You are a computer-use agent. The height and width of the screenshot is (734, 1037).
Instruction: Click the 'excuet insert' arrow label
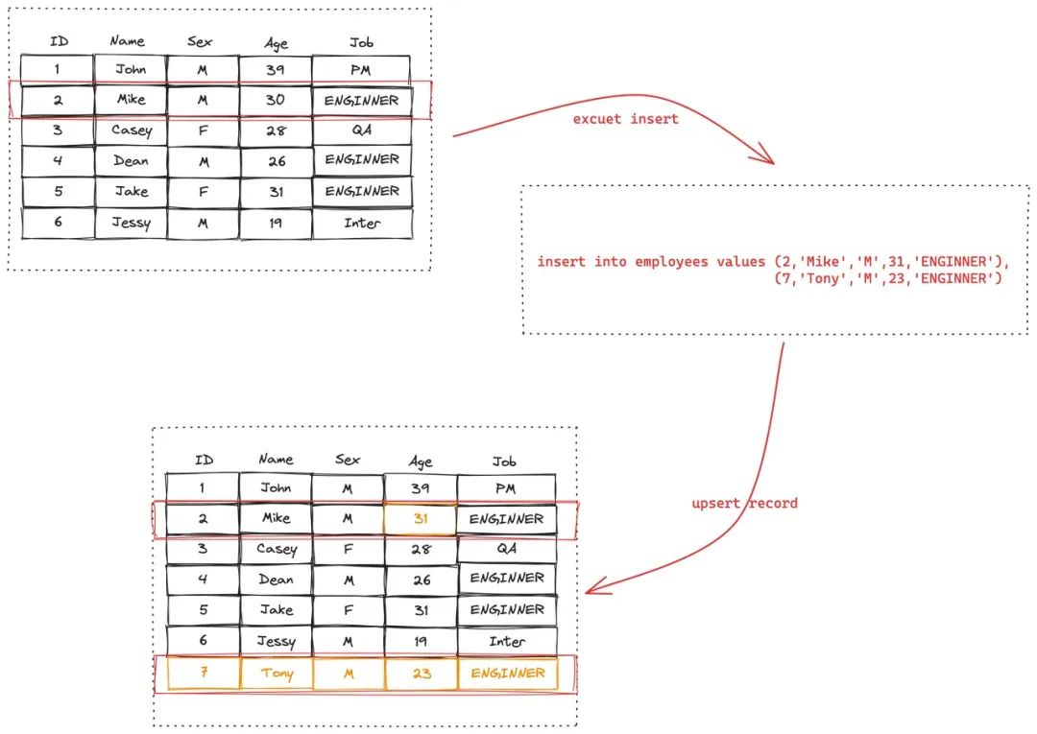[625, 119]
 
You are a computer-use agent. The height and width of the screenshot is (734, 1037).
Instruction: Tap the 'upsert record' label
[744, 503]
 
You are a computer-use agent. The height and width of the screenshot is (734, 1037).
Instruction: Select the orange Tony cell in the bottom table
[277, 674]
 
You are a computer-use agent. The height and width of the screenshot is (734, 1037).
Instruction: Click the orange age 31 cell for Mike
[420, 519]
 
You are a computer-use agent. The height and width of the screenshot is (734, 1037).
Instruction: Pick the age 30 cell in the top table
[276, 100]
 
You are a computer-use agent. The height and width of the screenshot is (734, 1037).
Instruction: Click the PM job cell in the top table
[361, 69]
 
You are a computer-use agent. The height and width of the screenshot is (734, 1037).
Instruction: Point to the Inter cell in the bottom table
[506, 641]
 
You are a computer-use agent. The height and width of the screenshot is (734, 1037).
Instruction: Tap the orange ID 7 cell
[203, 674]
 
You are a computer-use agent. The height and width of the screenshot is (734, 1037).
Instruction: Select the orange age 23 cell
[421, 674]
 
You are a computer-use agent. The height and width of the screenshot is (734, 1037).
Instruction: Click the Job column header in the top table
[362, 42]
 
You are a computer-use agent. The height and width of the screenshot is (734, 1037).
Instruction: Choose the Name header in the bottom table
[276, 460]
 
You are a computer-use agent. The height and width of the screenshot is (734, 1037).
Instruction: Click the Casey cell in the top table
[131, 130]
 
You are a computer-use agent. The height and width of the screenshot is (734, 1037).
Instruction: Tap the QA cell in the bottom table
[506, 549]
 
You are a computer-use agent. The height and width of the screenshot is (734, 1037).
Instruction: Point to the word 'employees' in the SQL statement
[672, 262]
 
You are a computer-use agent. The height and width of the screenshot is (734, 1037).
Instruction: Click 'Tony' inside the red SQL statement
[822, 278]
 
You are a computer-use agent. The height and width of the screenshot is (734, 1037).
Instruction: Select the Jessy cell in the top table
[131, 223]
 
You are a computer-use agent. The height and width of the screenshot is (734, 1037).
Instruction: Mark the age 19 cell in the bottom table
[421, 641]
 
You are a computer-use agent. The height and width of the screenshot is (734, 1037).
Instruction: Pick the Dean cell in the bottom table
[277, 580]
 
